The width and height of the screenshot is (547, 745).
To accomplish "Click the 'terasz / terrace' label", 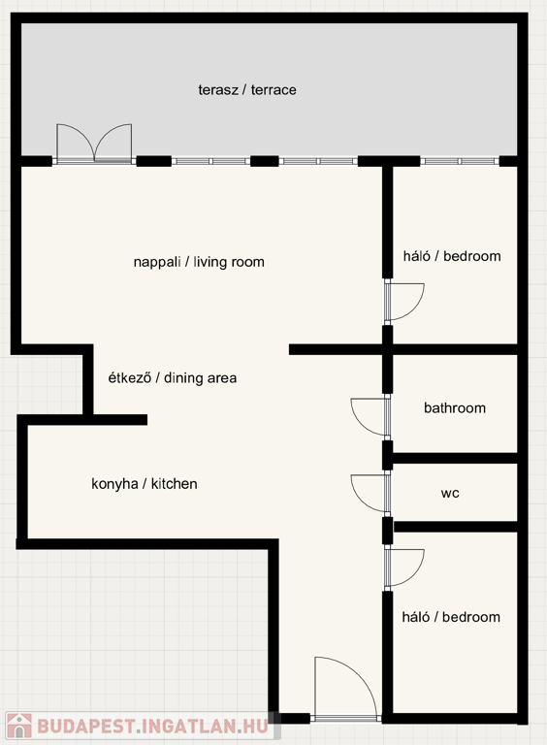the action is pyautogui.click(x=247, y=90).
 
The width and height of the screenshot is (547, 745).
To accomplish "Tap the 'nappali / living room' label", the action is pyautogui.click(x=199, y=262).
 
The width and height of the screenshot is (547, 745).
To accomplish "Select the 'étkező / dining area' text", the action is pyautogui.click(x=173, y=377).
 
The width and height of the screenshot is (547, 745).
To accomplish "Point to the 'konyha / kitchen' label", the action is pyautogui.click(x=145, y=484).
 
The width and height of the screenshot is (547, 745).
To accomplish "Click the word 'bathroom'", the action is pyautogui.click(x=455, y=407).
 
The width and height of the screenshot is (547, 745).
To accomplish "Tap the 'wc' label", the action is pyautogui.click(x=450, y=493).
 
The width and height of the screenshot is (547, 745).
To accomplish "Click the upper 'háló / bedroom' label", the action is pyautogui.click(x=452, y=256).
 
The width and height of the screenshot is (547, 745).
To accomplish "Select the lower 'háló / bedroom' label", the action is pyautogui.click(x=451, y=617).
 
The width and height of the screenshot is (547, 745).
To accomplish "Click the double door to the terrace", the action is pyautogui.click(x=94, y=144).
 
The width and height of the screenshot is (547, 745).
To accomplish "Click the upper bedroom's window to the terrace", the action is pyautogui.click(x=460, y=161).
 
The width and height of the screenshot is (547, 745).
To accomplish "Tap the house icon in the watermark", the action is pyautogui.click(x=19, y=727).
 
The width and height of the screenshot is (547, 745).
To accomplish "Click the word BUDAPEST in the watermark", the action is pyautogui.click(x=85, y=727).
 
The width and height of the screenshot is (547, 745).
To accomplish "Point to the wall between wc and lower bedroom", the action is pyautogui.click(x=456, y=527).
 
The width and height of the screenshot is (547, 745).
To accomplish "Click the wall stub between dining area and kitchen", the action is pyautogui.click(x=118, y=419).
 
